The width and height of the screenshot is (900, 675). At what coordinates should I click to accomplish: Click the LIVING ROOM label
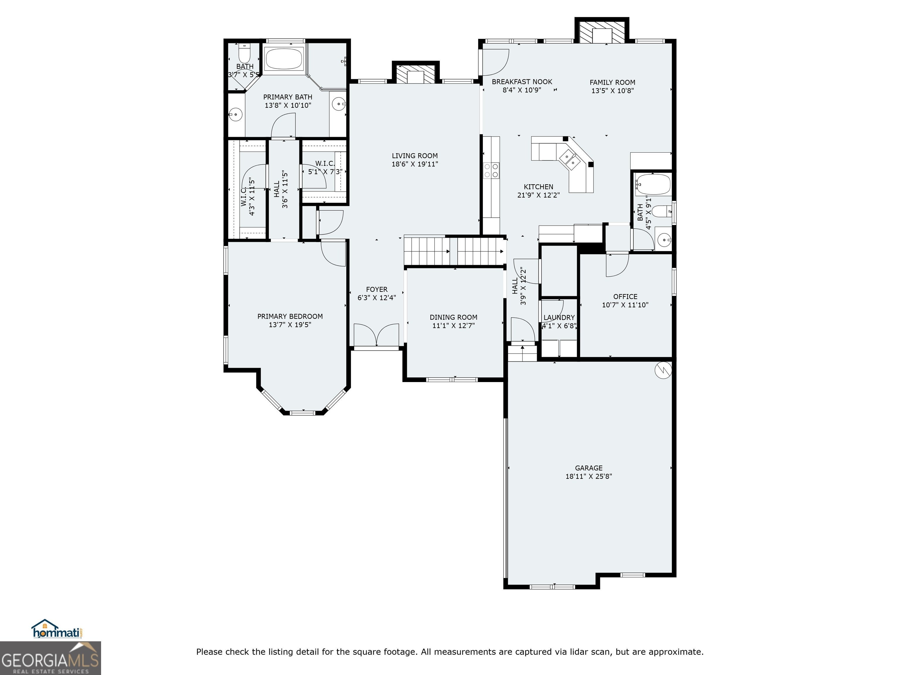(x=415, y=156)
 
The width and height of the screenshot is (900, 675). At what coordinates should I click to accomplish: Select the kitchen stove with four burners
(x=491, y=170)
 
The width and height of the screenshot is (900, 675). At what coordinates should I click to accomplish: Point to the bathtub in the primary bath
(x=284, y=59)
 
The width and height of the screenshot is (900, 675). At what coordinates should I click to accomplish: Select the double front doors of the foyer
(x=376, y=335)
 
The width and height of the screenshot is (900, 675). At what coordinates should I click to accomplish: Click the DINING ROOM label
(x=453, y=317)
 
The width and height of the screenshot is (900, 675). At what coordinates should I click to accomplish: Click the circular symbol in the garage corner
(x=663, y=370)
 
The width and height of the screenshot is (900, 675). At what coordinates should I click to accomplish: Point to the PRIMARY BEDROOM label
(x=290, y=316)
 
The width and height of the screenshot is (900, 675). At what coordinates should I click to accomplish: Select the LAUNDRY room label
(x=559, y=317)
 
